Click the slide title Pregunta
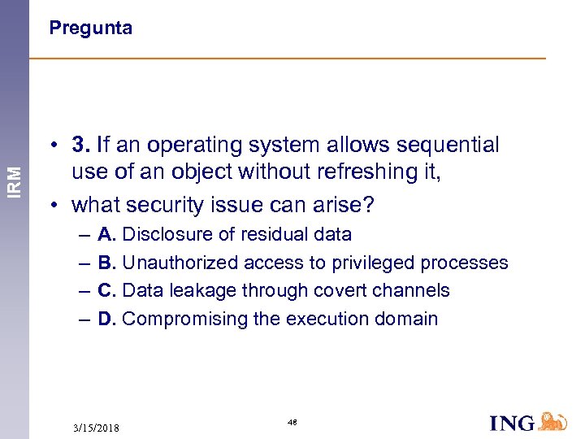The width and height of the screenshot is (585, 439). point(90,28)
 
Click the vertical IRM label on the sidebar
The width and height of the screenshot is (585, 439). point(15,180)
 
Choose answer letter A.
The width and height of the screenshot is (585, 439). point(106,235)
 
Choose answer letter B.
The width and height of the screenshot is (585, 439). point(106,263)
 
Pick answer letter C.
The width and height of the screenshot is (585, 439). point(106,290)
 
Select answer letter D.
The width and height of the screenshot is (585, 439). point(106,319)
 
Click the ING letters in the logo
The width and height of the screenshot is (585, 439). point(512,422)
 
